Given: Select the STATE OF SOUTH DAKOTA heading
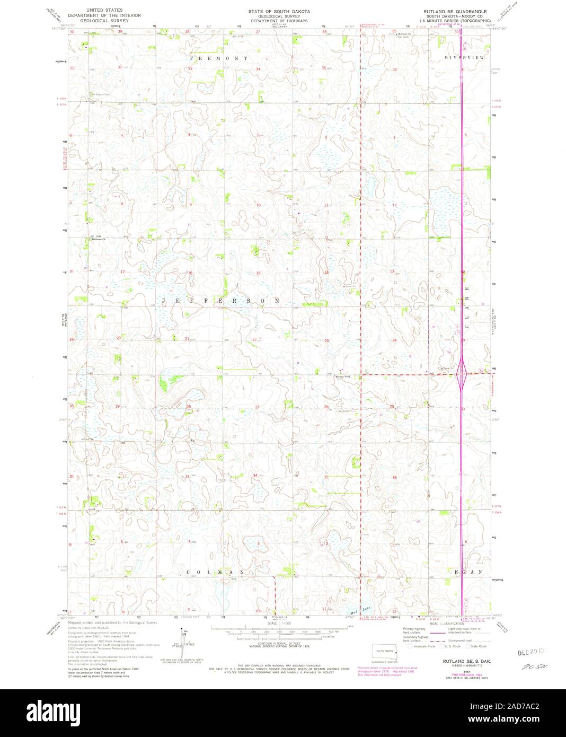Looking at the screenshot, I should (280, 11).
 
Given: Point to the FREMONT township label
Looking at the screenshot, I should (219, 57).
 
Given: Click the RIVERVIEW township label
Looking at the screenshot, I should (465, 57).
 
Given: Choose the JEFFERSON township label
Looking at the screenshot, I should (221, 301).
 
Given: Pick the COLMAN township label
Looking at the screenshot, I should (215, 572).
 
